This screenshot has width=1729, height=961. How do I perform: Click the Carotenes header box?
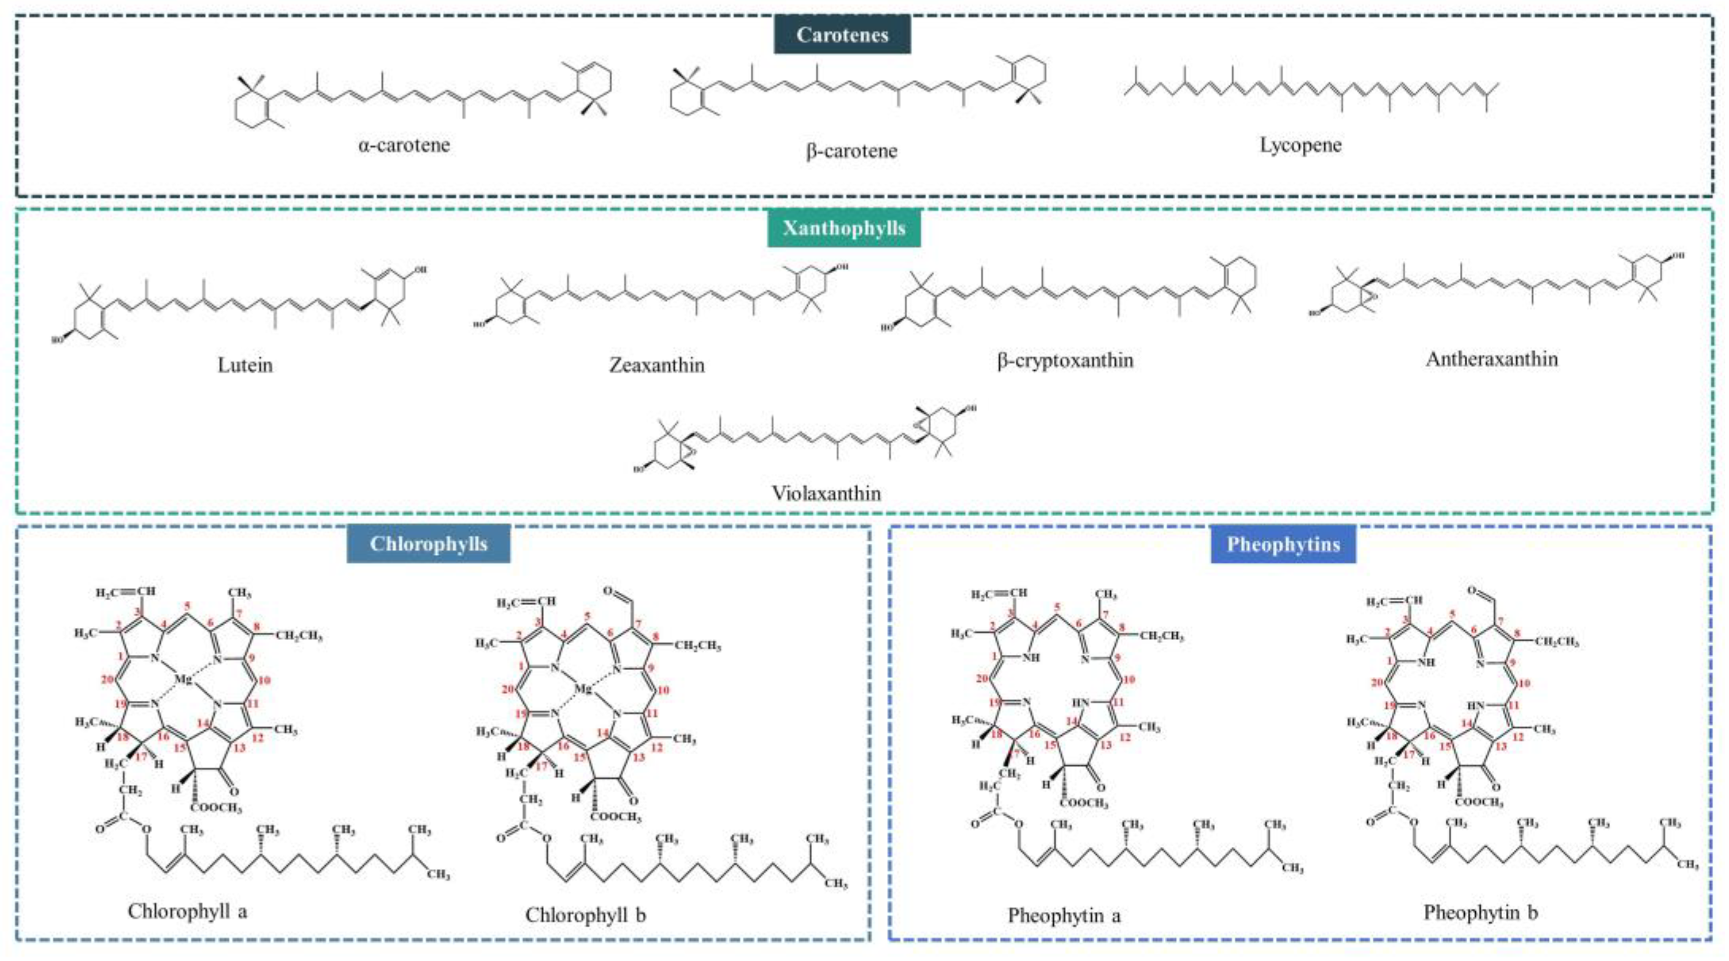(x=842, y=35)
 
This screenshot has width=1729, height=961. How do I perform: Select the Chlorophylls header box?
(x=428, y=543)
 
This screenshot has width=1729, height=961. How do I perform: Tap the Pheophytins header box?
(x=1283, y=544)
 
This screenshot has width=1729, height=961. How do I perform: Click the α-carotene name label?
(x=404, y=145)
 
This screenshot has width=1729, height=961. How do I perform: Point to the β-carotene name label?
(x=851, y=150)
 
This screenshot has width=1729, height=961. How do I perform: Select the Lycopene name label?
(x=1300, y=145)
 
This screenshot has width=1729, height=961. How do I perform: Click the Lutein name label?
(x=245, y=365)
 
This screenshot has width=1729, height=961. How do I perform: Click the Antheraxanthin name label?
(x=1492, y=359)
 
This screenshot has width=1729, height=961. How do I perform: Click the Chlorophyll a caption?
(x=187, y=911)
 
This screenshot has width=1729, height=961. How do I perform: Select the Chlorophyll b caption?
(x=585, y=914)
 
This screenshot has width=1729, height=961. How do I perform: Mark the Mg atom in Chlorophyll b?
(x=583, y=689)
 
